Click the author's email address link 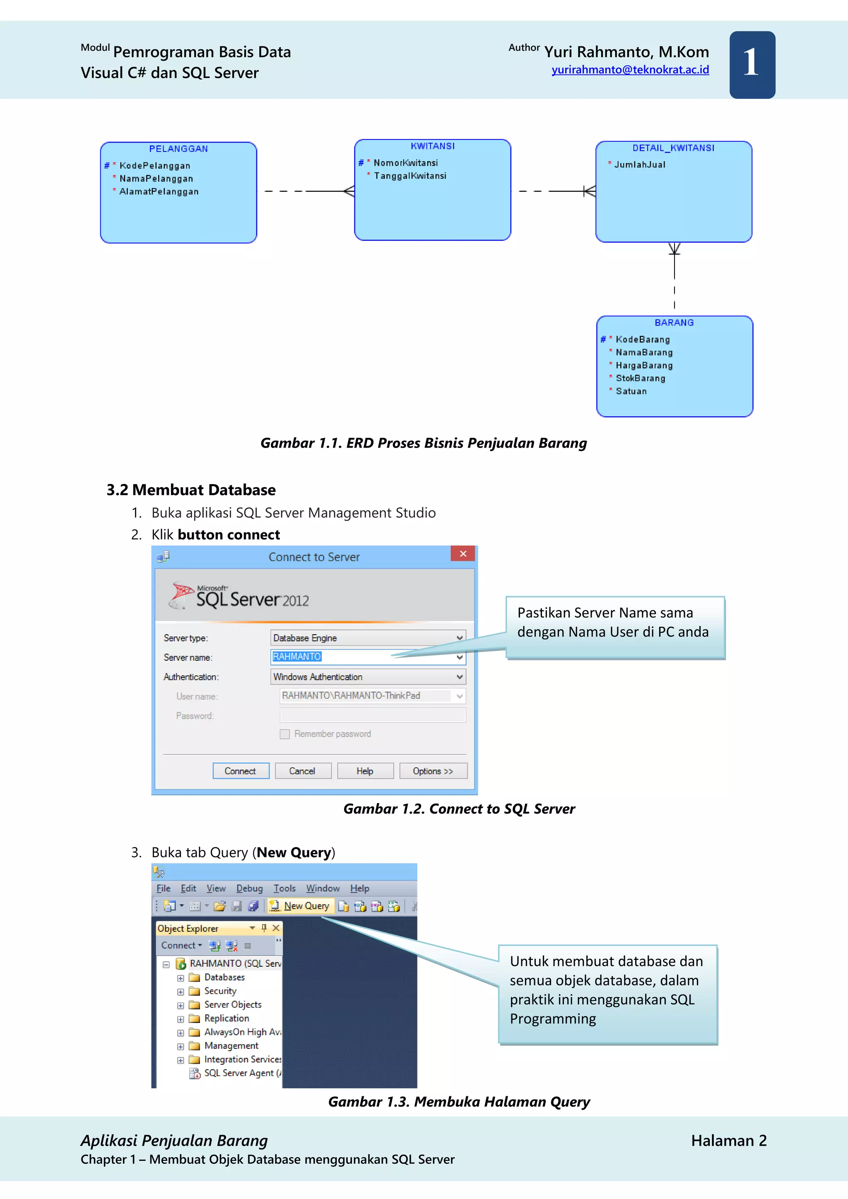[x=630, y=70]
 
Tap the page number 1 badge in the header [x=752, y=65]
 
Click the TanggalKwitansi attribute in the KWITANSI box [x=410, y=176]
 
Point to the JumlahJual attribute [x=640, y=164]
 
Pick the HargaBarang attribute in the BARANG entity [x=644, y=366]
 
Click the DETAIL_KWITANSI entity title [x=673, y=148]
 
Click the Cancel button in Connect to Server [x=302, y=771]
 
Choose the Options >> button [x=433, y=771]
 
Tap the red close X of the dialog [x=463, y=554]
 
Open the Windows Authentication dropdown [x=460, y=677]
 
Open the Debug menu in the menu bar [x=249, y=888]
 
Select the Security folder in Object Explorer [x=220, y=991]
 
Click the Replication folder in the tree [x=226, y=1018]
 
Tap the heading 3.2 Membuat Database [x=191, y=490]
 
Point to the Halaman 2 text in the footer [x=728, y=1141]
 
